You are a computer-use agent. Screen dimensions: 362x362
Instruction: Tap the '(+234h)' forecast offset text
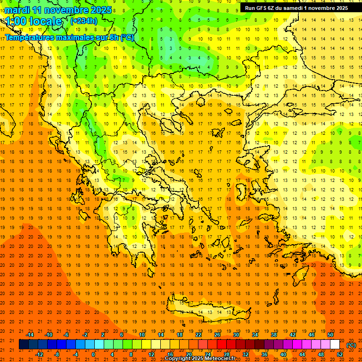point(84,21)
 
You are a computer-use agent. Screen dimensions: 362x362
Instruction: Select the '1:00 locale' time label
point(34,21)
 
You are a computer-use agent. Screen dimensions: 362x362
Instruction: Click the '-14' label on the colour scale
point(30,335)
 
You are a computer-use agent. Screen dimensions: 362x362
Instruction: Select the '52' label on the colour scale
point(340,354)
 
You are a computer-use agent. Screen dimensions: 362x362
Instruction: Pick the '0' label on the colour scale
point(93,354)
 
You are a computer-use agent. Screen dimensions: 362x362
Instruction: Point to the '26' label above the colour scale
point(217,335)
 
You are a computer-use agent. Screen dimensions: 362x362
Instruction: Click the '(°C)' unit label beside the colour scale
point(351,345)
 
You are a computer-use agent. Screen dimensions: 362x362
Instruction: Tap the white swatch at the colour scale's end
point(335,345)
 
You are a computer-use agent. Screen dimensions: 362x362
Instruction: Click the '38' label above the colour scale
point(274,335)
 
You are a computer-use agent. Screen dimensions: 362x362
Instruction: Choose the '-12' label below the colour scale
point(39,354)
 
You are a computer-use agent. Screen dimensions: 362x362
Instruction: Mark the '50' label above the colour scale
point(330,335)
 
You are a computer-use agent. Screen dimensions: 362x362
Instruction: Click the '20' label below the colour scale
point(189,354)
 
